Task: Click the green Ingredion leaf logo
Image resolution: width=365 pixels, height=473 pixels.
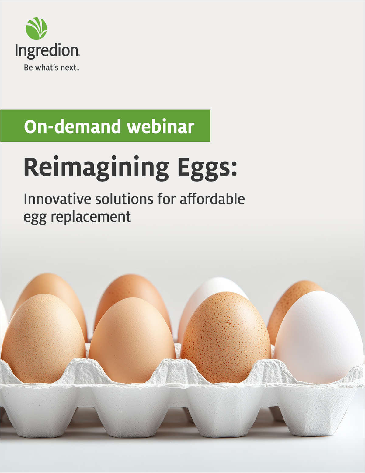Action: (x=36, y=29)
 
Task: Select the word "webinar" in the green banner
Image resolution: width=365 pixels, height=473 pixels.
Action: (x=160, y=127)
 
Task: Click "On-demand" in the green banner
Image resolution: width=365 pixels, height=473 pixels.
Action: (x=72, y=127)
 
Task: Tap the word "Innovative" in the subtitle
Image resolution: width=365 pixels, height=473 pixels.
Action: (x=57, y=199)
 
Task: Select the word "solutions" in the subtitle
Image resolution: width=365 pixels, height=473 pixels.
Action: (x=124, y=199)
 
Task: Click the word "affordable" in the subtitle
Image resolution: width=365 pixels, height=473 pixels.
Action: (x=212, y=199)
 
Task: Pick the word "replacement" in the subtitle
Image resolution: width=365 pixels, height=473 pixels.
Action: (x=91, y=217)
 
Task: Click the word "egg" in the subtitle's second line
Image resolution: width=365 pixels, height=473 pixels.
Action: (x=35, y=218)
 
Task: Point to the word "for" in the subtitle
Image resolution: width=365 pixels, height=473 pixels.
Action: (x=166, y=199)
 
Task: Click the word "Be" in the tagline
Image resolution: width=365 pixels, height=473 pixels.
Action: (x=28, y=68)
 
